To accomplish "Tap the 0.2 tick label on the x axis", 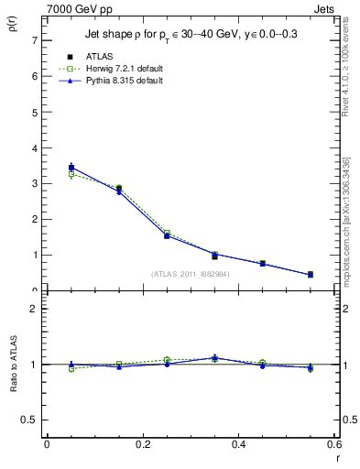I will pyautogui.click(x=143, y=444).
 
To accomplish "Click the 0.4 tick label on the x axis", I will pyautogui.click(x=239, y=444).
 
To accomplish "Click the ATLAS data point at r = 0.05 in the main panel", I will pyautogui.click(x=71, y=168).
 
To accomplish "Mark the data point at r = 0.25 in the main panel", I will pyautogui.click(x=167, y=235).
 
